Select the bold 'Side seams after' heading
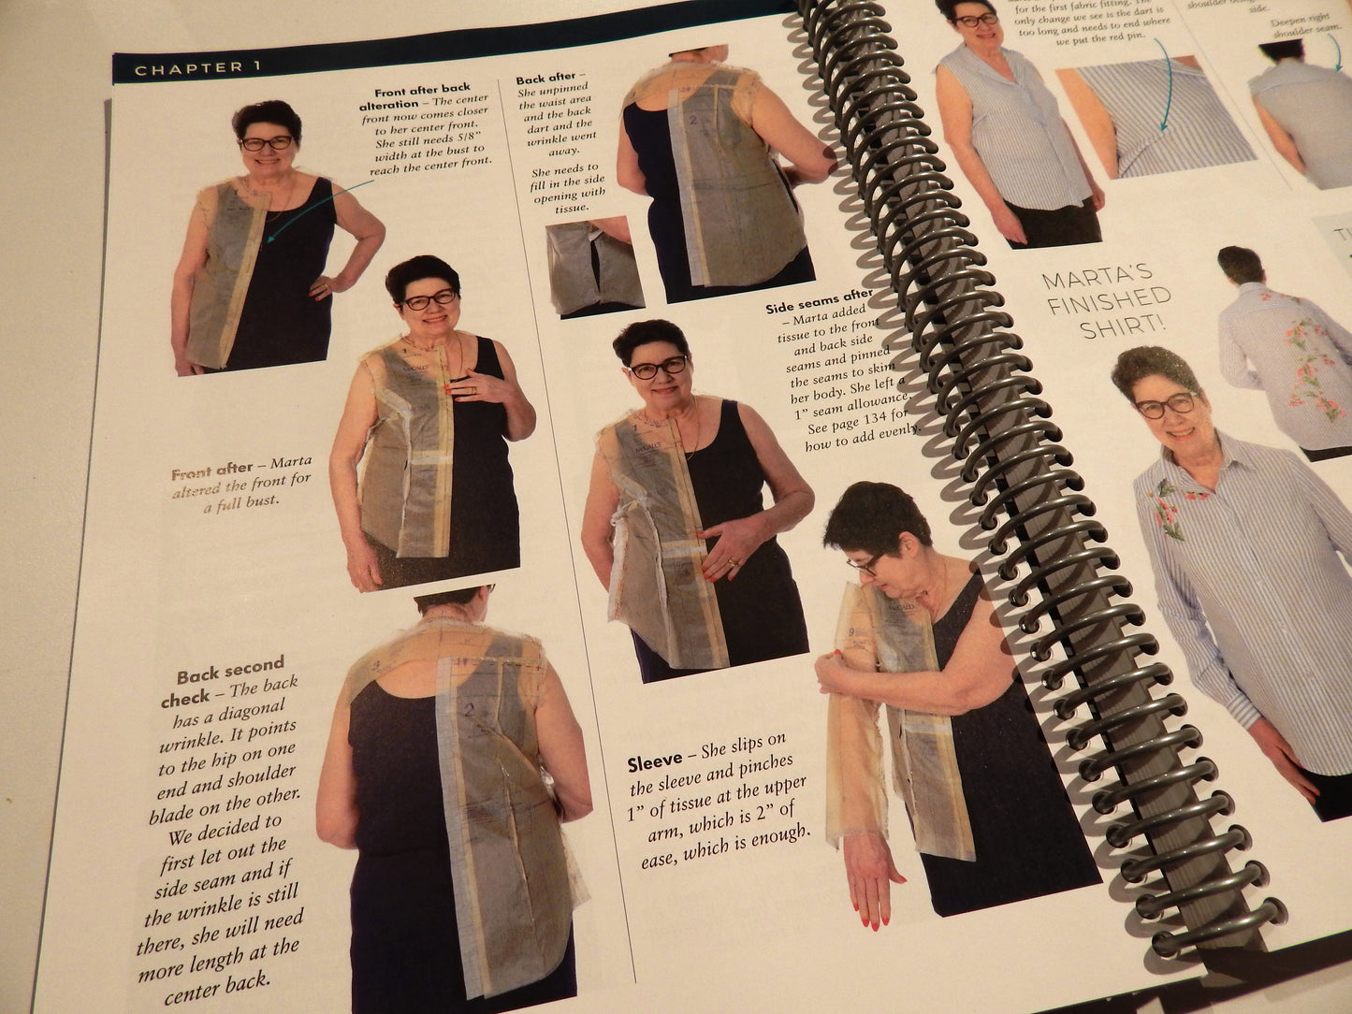tap(819, 301)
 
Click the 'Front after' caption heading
tap(212, 469)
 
